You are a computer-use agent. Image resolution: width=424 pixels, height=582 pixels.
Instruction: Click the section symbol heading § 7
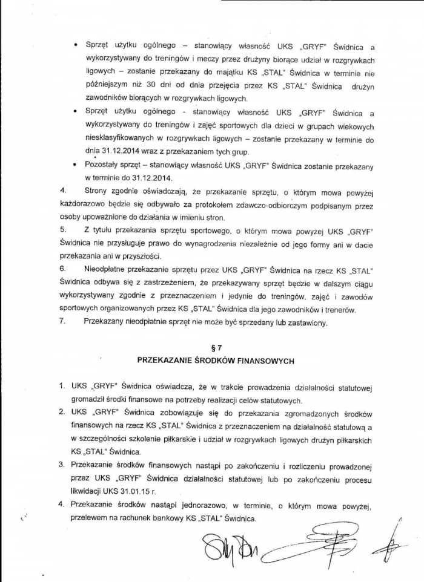[x=216, y=348]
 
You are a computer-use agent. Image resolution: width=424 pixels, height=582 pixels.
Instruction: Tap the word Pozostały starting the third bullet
[x=105, y=166]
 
